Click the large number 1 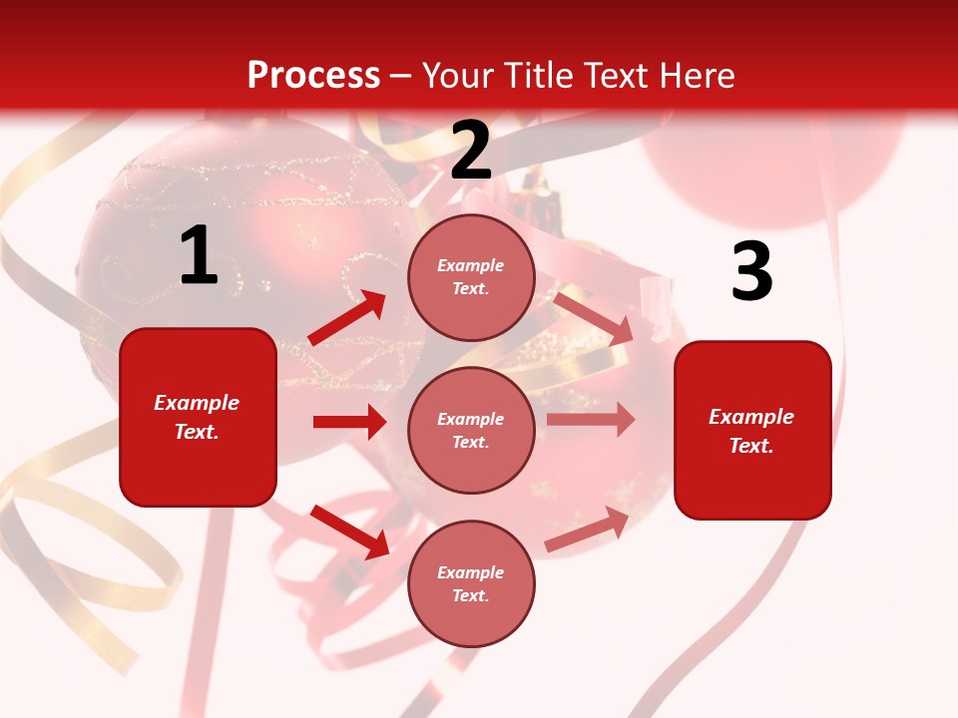tap(199, 256)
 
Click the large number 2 tap(471, 151)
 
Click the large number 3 tap(751, 271)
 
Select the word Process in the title tap(313, 76)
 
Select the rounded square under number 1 tap(198, 417)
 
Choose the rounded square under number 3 tap(752, 430)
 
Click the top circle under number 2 tap(471, 277)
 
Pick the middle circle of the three tap(471, 430)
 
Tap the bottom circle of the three tap(471, 583)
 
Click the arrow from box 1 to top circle tap(347, 318)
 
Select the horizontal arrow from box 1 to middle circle tap(349, 422)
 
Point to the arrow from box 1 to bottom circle tap(349, 532)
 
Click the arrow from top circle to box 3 tap(593, 317)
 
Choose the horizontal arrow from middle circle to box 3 tap(590, 420)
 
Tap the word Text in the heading tap(616, 76)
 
